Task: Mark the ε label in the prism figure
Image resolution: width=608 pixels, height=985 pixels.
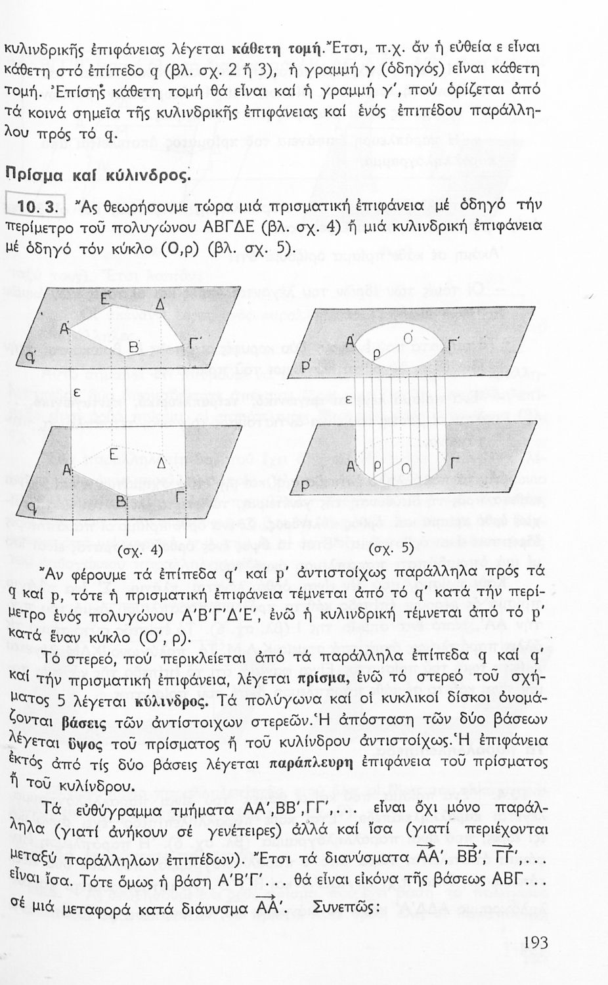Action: (x=76, y=392)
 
